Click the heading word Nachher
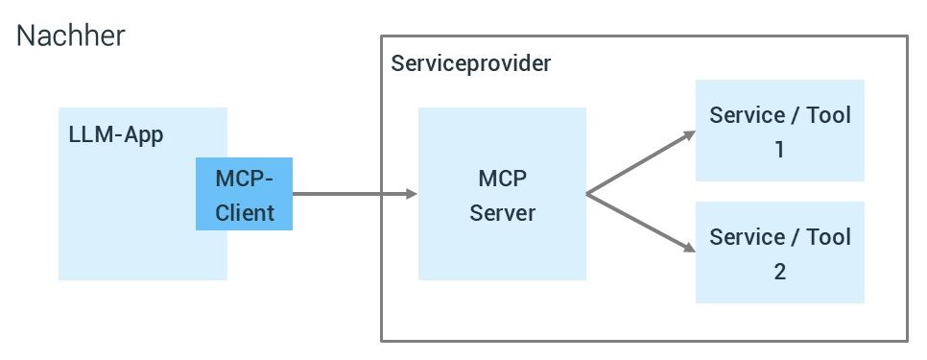pos(71,36)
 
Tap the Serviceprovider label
pos(471,64)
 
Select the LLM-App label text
pos(116,134)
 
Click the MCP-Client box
pos(244,194)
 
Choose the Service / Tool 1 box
pos(779,131)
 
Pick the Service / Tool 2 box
pos(779,252)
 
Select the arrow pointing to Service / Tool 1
pos(638,163)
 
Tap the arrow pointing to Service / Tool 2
pos(638,223)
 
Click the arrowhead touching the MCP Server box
pos(412,194)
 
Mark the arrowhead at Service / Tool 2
pos(688,251)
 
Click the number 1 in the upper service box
pos(779,151)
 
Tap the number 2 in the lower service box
pos(779,272)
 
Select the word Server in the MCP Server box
pos(502,212)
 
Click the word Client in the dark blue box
pos(244,212)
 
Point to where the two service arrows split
pos(587,194)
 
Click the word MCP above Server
pos(502,179)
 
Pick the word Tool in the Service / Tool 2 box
pos(827,237)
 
